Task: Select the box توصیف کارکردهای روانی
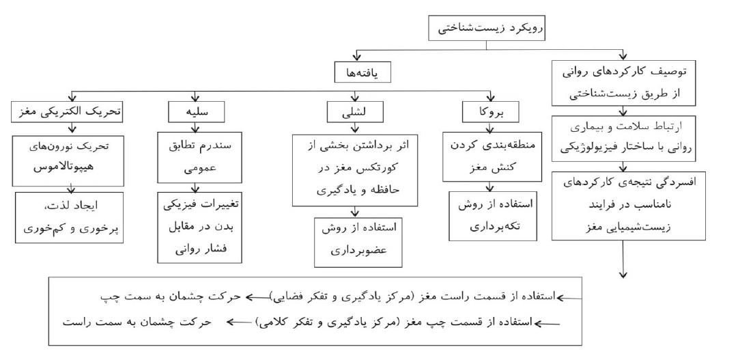click(623, 83)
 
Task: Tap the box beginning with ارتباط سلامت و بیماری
click(623, 137)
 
